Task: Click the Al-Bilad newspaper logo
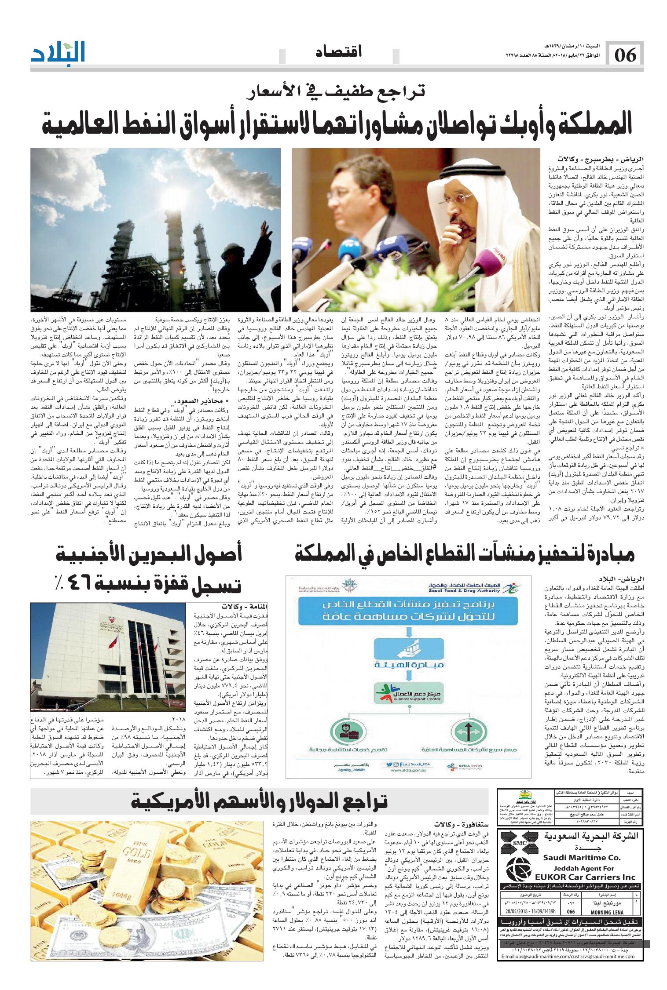[x=58, y=54]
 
